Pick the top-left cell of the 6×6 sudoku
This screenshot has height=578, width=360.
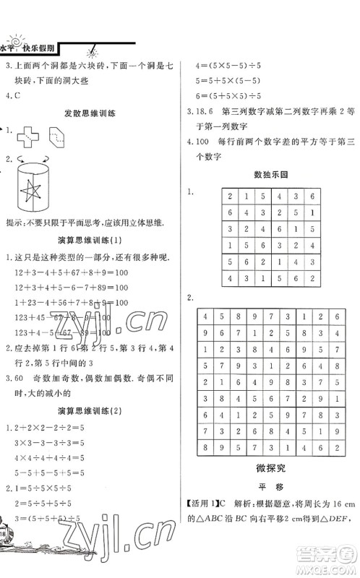pos(231,197)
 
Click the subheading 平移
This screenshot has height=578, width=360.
pos(270,506)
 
